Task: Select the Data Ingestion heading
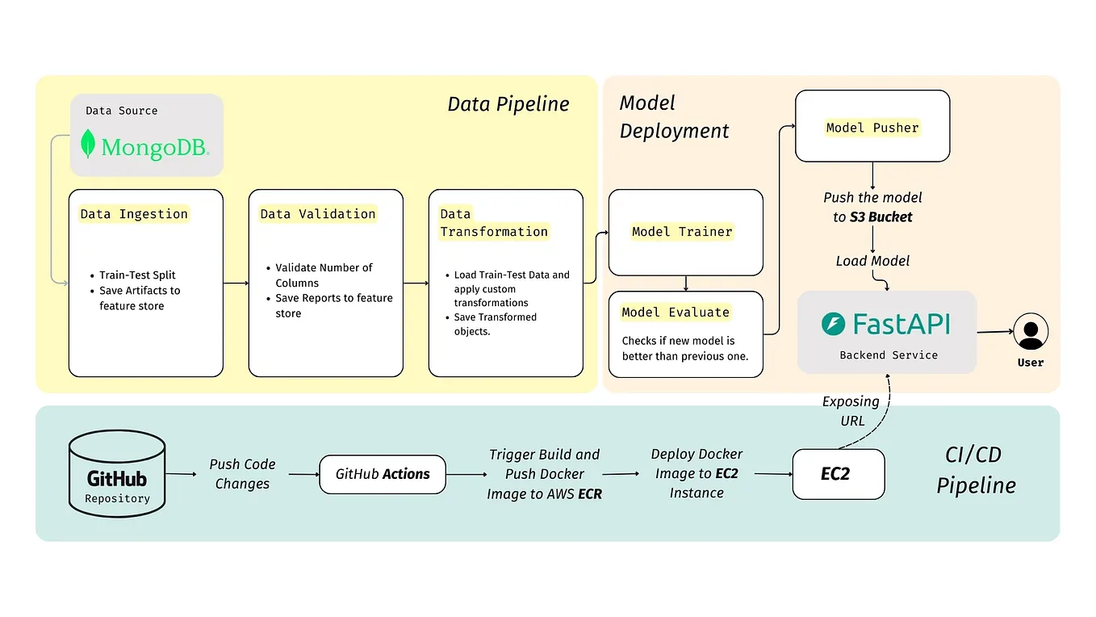(x=134, y=214)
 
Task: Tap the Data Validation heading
(x=318, y=214)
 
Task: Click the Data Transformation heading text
(x=493, y=223)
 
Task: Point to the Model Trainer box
(x=685, y=233)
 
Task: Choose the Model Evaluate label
(x=676, y=313)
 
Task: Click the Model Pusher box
(x=872, y=126)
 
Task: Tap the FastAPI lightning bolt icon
(x=833, y=325)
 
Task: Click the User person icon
(x=1031, y=331)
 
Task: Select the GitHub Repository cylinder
(x=117, y=474)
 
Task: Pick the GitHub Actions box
(x=383, y=474)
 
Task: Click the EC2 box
(x=838, y=474)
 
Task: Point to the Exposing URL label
(x=851, y=411)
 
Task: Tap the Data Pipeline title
(x=508, y=104)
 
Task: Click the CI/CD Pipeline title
(x=975, y=470)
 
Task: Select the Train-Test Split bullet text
(x=137, y=275)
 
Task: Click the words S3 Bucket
(x=881, y=217)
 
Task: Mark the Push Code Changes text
(x=242, y=474)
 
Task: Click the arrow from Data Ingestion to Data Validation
(x=236, y=283)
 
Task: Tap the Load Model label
(x=872, y=261)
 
